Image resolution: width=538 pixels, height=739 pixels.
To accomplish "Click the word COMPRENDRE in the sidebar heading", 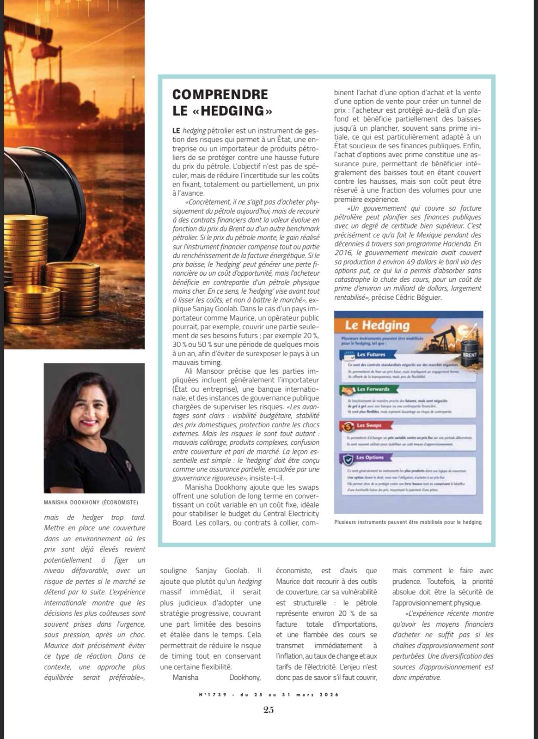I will pos(220,94).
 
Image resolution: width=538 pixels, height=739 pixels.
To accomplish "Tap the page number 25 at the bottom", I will pos(269,710).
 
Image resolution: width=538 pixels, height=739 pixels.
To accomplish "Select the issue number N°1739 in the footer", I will pos(213,694).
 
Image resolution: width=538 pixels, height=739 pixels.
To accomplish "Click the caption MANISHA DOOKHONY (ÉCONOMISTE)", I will pos(91,503).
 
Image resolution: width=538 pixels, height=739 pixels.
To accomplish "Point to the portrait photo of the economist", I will pos(94,428).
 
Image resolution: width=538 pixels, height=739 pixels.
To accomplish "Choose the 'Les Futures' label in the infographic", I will pos(371,355).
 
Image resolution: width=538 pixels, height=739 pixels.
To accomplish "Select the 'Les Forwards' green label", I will pos(373,389).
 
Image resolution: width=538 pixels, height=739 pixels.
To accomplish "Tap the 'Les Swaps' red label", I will pos(369,425).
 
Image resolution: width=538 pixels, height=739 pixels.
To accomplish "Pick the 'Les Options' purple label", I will pos(370,457).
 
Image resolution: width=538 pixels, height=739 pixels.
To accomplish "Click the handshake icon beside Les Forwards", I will pos(347,391).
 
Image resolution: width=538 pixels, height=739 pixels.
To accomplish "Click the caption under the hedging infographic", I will pos(408,522).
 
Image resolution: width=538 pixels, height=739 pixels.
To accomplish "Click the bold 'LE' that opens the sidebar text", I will pos(177,131).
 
